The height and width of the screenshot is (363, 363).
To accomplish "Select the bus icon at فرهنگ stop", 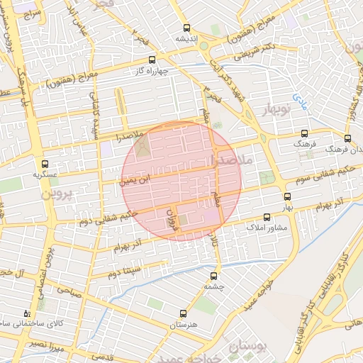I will tap(305, 133).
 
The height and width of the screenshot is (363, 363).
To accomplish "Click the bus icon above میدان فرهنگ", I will tap(347, 139).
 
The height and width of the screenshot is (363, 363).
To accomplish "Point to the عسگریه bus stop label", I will tap(45, 174).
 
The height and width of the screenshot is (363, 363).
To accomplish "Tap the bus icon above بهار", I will tap(287, 196).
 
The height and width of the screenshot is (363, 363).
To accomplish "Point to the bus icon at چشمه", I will tap(213, 275).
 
